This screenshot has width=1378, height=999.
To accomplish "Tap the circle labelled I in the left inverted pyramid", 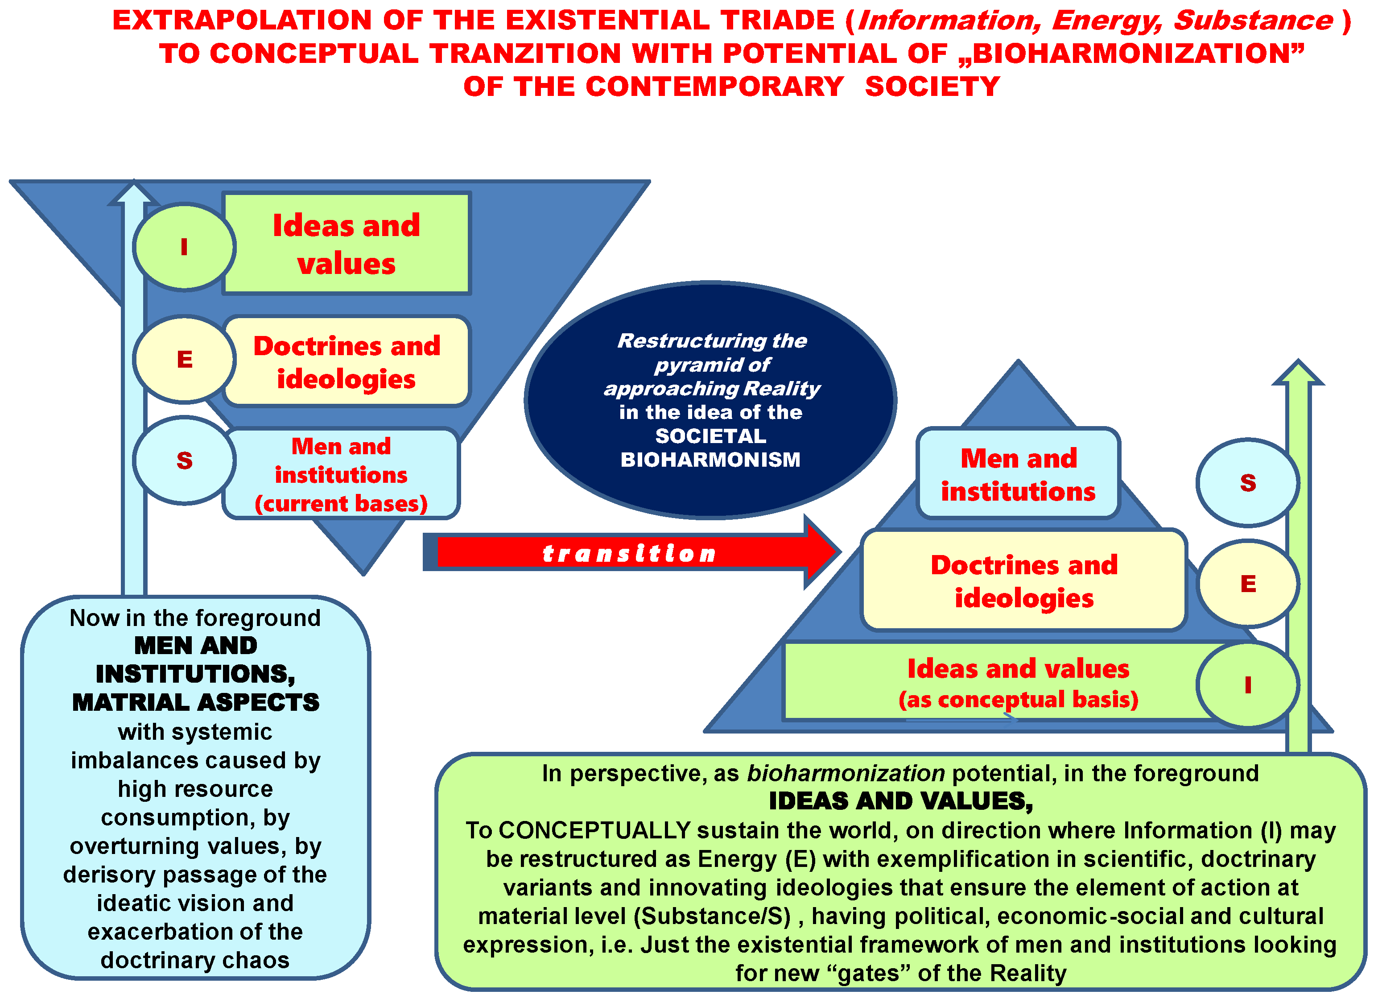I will click(x=184, y=247).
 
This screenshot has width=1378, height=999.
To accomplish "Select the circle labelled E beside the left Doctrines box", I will click(x=184, y=359).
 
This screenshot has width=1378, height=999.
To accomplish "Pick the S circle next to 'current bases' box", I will click(x=184, y=460).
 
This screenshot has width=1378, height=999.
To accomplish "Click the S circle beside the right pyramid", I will click(x=1247, y=482).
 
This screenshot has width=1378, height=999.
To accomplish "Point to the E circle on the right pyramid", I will click(x=1247, y=583).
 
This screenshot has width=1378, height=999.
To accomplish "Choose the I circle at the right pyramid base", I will click(x=1247, y=684).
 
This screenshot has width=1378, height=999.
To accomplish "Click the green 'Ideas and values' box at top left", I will click(x=347, y=244).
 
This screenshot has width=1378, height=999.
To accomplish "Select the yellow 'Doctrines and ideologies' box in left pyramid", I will click(x=347, y=361).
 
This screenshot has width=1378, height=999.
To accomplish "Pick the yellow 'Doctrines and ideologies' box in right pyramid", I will click(x=1024, y=580).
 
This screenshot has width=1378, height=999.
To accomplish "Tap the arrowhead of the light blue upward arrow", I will click(x=134, y=193).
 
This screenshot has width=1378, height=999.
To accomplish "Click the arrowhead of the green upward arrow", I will click(x=1298, y=372).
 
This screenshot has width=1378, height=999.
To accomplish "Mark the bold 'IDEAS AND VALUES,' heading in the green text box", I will click(x=900, y=801).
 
